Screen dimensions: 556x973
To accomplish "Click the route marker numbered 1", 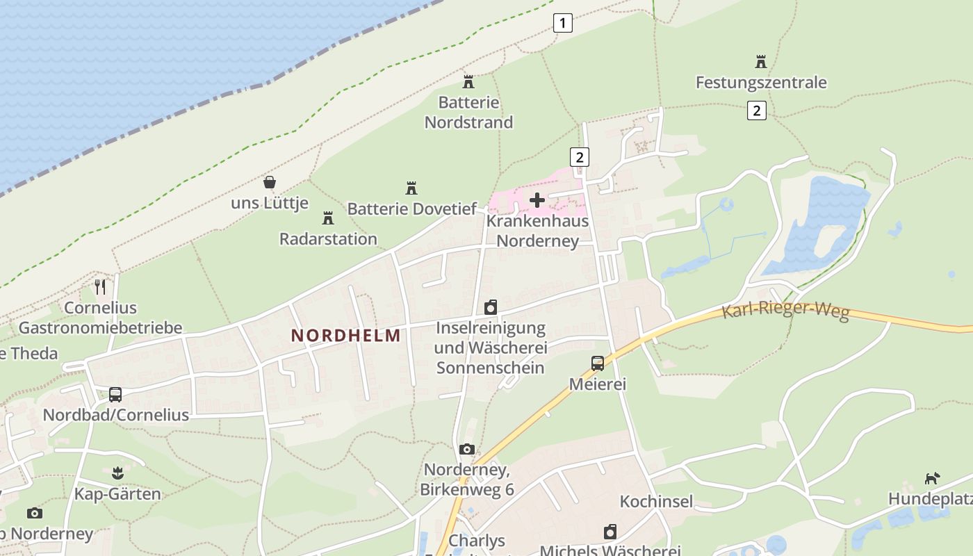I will (x=562, y=23).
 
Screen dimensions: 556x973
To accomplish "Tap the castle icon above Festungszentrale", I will (x=761, y=62).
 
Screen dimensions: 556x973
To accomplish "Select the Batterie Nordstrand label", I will (x=468, y=113).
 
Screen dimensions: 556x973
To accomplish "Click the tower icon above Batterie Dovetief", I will (x=411, y=188).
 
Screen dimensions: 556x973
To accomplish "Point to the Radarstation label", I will (x=328, y=239).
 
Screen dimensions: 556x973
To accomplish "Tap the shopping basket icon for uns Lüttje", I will (x=270, y=183).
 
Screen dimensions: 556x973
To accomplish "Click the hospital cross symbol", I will (x=537, y=201).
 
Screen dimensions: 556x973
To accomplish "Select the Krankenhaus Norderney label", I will (x=538, y=231).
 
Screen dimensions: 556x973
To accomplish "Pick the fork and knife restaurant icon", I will (x=101, y=286).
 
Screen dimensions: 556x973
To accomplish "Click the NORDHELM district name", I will (x=345, y=336).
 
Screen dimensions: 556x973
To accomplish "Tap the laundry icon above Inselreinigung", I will (x=491, y=307).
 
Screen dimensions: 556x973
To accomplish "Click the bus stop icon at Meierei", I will (x=597, y=363).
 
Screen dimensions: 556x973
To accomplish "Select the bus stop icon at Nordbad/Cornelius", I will (x=115, y=395).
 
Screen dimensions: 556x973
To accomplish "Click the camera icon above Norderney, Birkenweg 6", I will (x=467, y=450).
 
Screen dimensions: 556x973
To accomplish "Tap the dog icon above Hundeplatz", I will (x=932, y=478).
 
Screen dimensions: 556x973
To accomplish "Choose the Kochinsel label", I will (x=656, y=502).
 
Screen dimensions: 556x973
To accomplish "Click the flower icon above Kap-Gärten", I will (x=117, y=474).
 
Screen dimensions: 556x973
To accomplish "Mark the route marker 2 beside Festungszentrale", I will (x=757, y=110).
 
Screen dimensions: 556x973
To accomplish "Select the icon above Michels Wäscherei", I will (x=610, y=532).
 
